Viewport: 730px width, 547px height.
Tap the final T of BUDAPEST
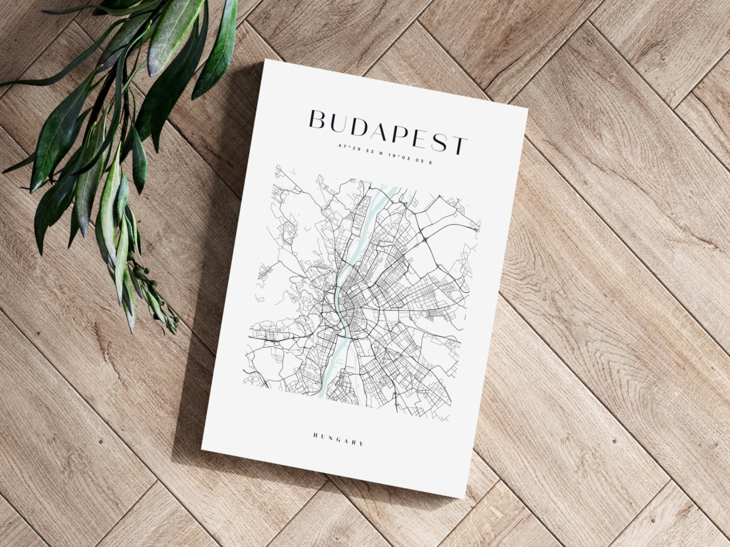(x=459, y=145)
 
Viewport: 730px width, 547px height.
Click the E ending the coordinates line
(x=430, y=162)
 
